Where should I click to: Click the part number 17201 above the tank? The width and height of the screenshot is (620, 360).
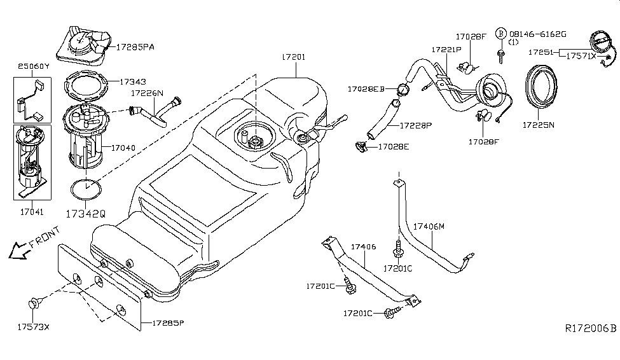(293, 57)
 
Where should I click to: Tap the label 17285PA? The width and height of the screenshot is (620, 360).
(135, 46)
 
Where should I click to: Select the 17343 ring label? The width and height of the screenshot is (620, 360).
(132, 81)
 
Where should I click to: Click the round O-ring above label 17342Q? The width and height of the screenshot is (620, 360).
(85, 189)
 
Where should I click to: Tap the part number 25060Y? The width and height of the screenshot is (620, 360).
(32, 66)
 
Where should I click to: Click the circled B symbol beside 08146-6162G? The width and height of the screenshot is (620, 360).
(500, 33)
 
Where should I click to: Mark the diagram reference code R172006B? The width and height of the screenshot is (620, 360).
(591, 329)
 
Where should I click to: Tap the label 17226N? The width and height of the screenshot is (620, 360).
(148, 93)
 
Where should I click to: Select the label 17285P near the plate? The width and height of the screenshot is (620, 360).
(167, 323)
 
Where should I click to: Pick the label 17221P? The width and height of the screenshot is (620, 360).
(447, 49)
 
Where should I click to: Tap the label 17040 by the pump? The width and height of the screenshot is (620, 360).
(123, 147)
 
